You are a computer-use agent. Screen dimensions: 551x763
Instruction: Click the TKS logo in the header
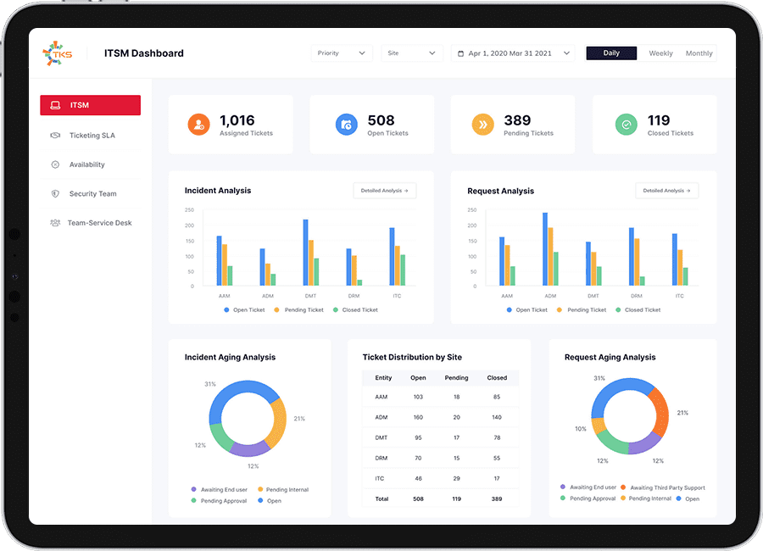click(58, 53)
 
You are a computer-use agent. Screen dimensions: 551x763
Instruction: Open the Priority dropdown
click(342, 53)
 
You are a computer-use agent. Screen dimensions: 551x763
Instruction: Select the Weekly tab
click(660, 53)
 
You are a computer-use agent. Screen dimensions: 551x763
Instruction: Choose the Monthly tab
click(699, 53)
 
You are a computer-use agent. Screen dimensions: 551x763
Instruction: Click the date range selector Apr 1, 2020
click(512, 53)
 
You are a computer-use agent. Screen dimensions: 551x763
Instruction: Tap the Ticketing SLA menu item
click(92, 136)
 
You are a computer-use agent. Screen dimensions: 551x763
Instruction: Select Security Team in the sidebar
click(92, 194)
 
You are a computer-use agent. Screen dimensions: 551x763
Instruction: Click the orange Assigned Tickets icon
click(198, 125)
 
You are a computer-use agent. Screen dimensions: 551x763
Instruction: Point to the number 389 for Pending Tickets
click(517, 120)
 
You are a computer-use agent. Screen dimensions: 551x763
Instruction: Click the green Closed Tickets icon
click(627, 125)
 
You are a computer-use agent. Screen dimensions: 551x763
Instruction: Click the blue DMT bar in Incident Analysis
click(305, 252)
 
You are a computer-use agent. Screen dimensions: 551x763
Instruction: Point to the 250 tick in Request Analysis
click(471, 209)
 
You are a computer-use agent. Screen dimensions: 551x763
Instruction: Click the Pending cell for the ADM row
click(456, 417)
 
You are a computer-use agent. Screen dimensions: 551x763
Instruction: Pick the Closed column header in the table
click(497, 378)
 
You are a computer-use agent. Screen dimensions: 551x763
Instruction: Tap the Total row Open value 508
click(417, 498)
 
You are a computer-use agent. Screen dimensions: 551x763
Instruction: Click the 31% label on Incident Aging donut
click(210, 384)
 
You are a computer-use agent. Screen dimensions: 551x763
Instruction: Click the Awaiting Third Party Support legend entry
click(667, 487)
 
